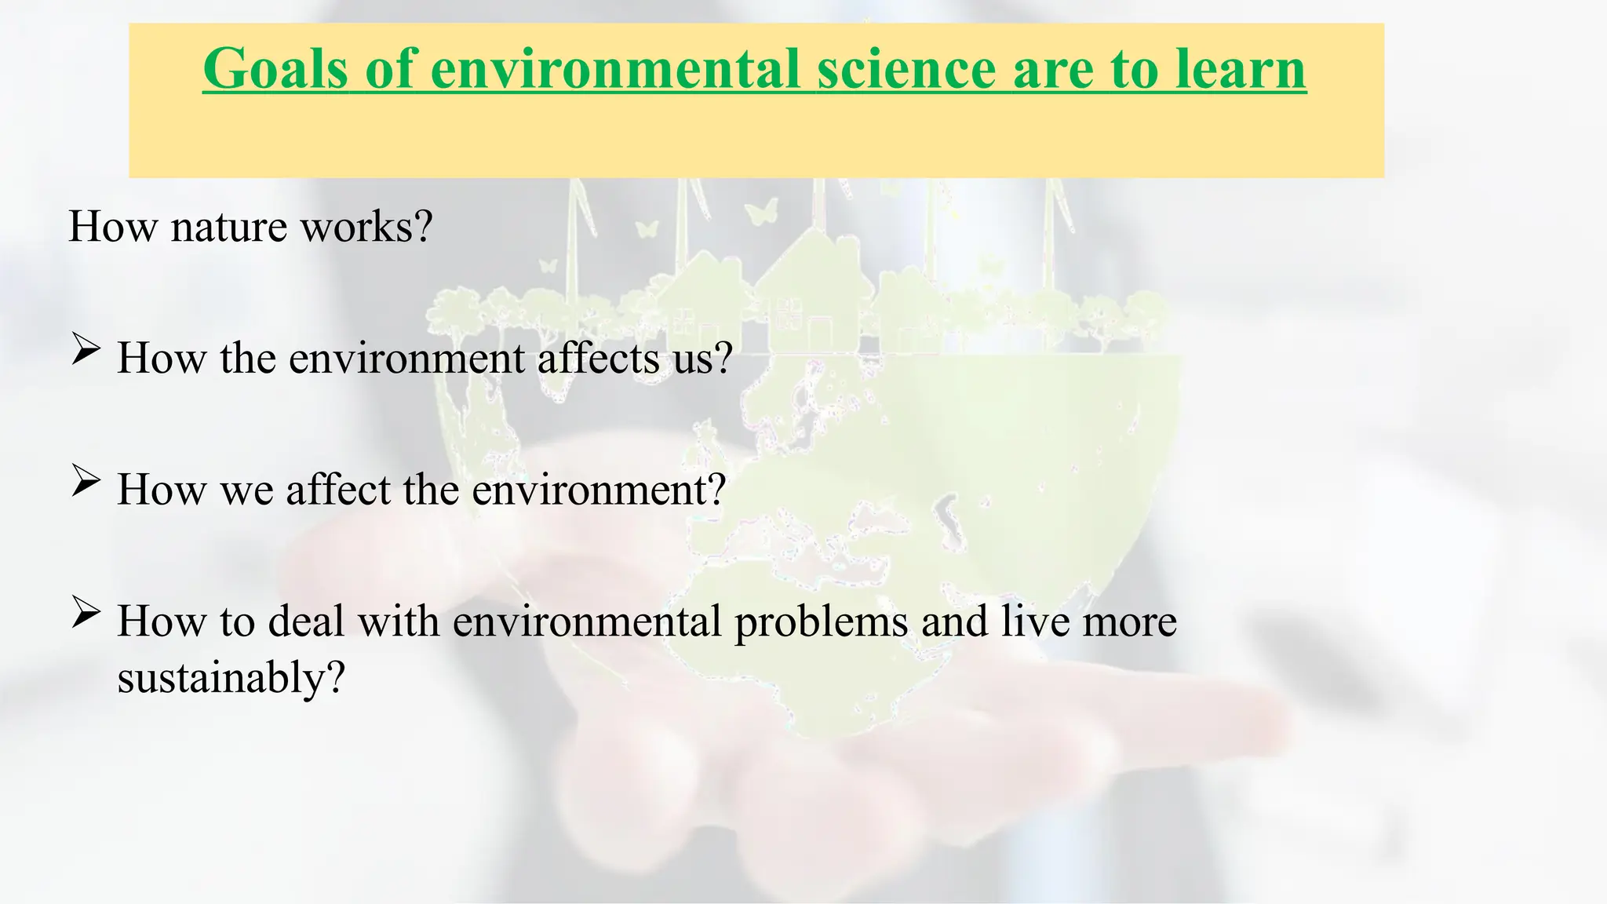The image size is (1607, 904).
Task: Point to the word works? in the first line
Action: pyautogui.click(x=366, y=227)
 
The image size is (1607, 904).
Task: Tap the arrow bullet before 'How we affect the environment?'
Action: pyautogui.click(x=86, y=479)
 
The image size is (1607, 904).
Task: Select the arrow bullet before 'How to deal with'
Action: pyautogui.click(x=86, y=611)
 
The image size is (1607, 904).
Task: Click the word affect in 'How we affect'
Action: pyautogui.click(x=338, y=490)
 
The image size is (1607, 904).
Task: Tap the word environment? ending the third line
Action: pyautogui.click(x=599, y=490)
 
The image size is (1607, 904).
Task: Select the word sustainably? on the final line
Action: pyautogui.click(x=231, y=676)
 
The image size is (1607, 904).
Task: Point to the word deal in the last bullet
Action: pyautogui.click(x=307, y=621)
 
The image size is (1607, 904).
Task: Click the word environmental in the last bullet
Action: pyautogui.click(x=587, y=621)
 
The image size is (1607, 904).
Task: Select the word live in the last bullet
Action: pyautogui.click(x=1033, y=621)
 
